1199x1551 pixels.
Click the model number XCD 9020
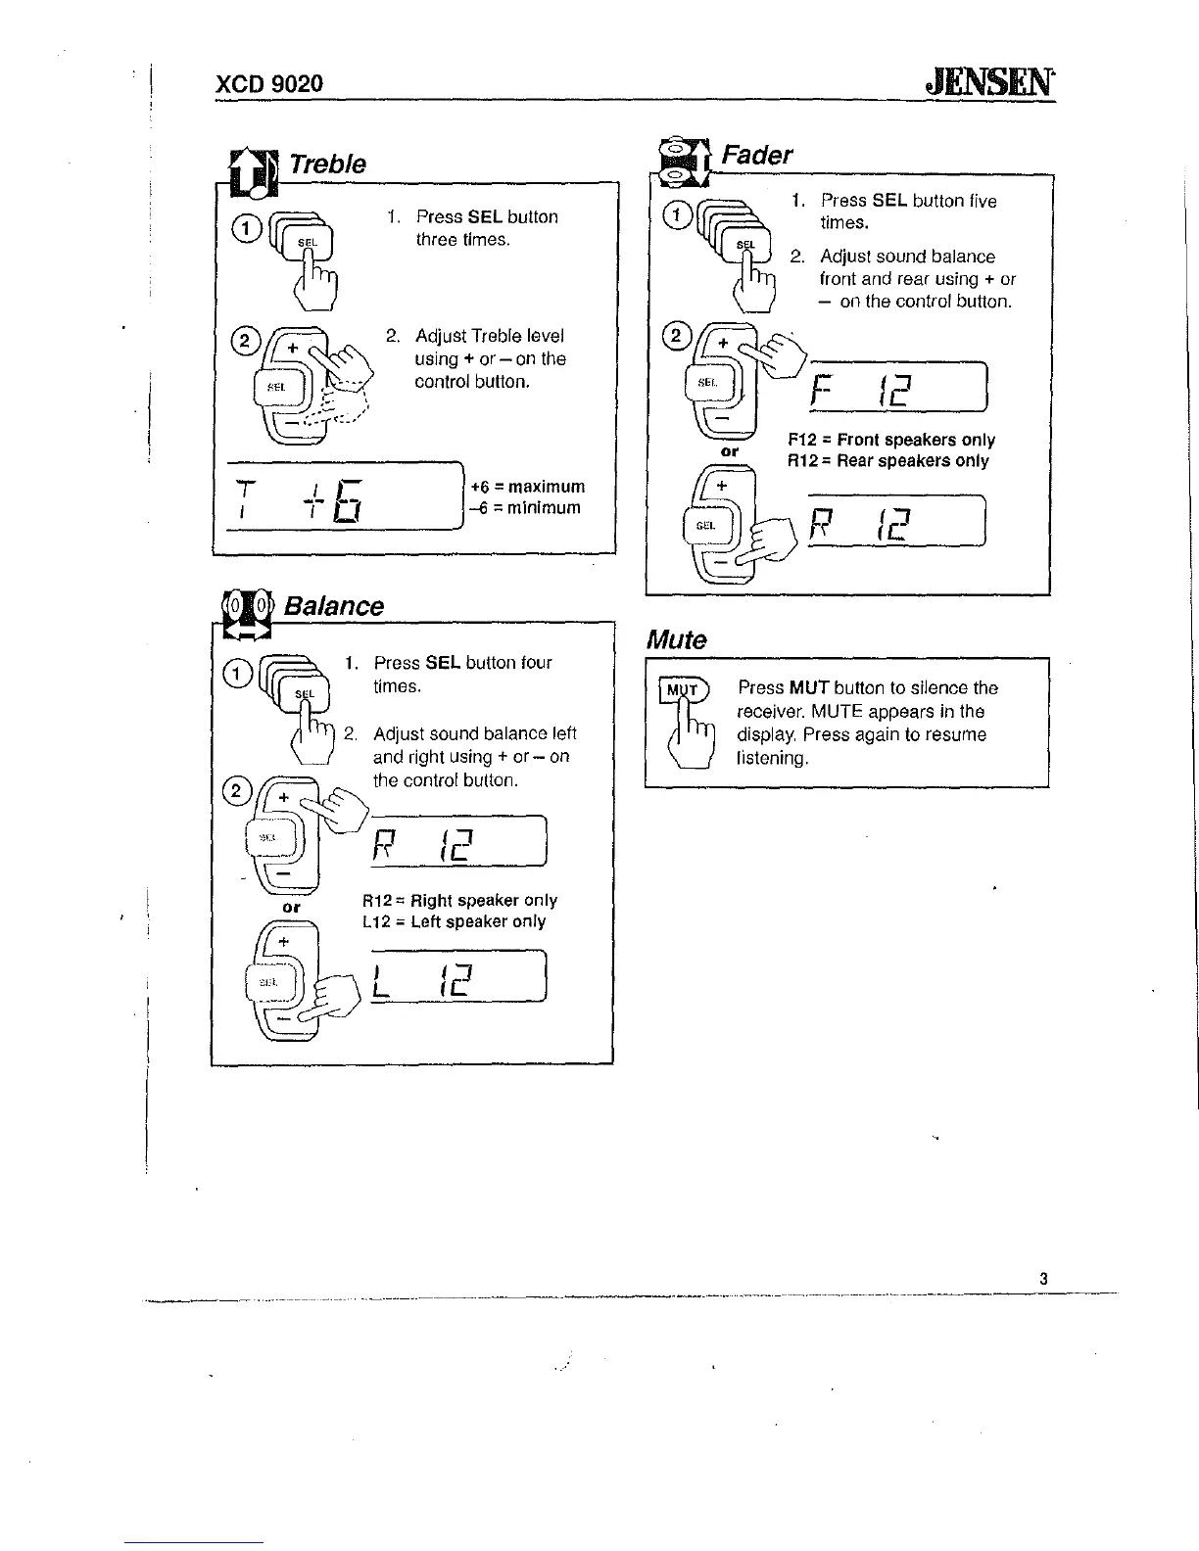point(268,83)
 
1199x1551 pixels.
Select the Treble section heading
point(327,164)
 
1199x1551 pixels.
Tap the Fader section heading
point(756,155)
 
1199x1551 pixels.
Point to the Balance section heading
point(333,606)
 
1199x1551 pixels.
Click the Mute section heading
point(676,640)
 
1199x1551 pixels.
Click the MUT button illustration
point(683,690)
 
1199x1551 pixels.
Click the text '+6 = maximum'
point(528,487)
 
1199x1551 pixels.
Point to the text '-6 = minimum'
point(525,508)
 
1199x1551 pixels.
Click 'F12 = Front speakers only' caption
point(891,441)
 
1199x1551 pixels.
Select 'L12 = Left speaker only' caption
point(454,921)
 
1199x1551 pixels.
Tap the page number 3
point(1044,1278)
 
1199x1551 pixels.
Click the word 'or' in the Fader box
point(729,452)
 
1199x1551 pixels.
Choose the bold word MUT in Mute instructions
point(810,688)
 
